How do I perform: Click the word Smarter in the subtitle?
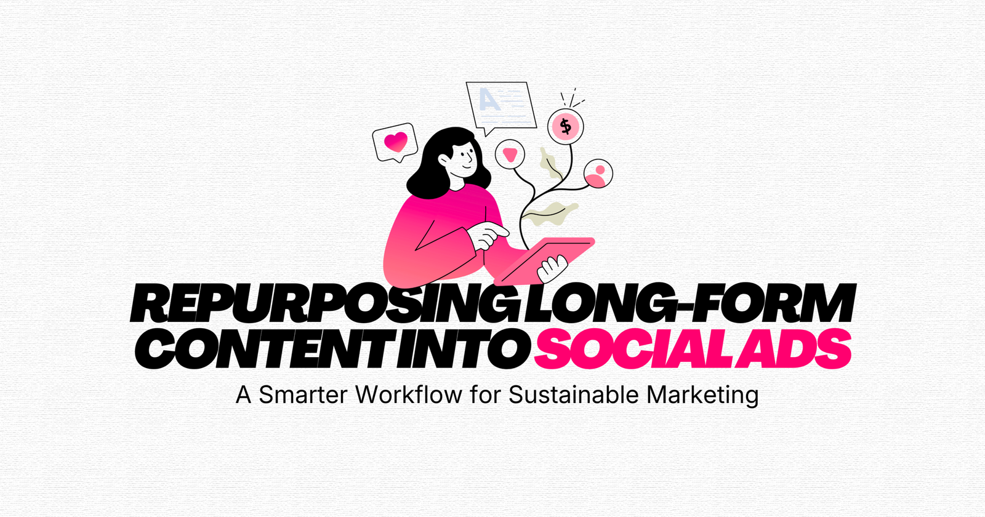(303, 395)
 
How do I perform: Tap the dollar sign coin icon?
(565, 127)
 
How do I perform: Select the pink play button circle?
(510, 154)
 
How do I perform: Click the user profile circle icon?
(597, 174)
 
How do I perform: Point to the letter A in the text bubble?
(489, 99)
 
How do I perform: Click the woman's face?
(465, 157)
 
